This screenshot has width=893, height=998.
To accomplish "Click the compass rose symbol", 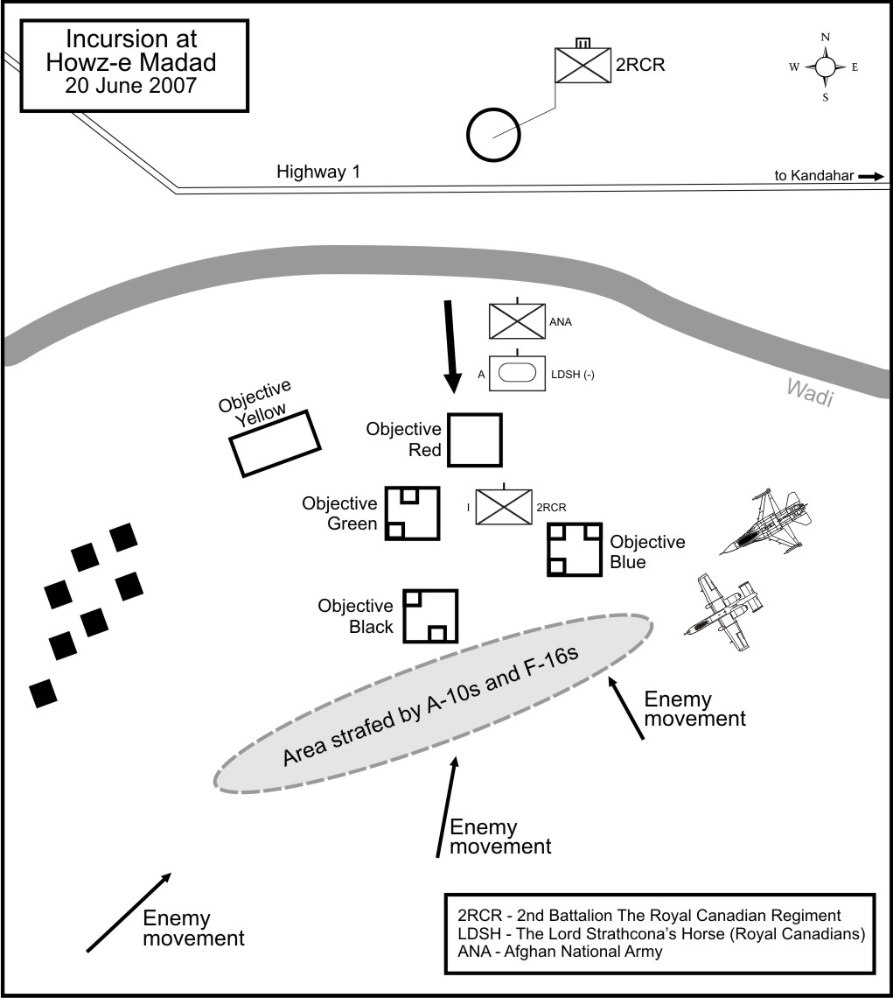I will point(825,67).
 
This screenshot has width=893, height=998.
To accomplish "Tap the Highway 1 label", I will point(318,172).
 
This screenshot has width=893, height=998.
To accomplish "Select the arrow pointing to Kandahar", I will point(871,176).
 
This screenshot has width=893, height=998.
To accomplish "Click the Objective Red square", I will point(474,440).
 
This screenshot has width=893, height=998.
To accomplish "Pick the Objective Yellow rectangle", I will point(274,443).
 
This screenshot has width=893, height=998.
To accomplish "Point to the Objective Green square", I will point(412,512).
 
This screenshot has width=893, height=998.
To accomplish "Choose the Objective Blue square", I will point(575,549).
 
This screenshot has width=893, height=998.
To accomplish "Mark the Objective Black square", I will point(430,616).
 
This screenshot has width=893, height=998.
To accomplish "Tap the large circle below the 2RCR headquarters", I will point(494,134).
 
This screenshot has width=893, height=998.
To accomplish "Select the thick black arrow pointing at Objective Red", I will point(450,346).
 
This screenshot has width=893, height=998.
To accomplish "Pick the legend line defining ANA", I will point(560,952).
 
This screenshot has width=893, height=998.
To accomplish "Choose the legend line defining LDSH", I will point(661,934).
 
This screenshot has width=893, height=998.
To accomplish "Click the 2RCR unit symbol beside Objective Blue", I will point(504,507).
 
